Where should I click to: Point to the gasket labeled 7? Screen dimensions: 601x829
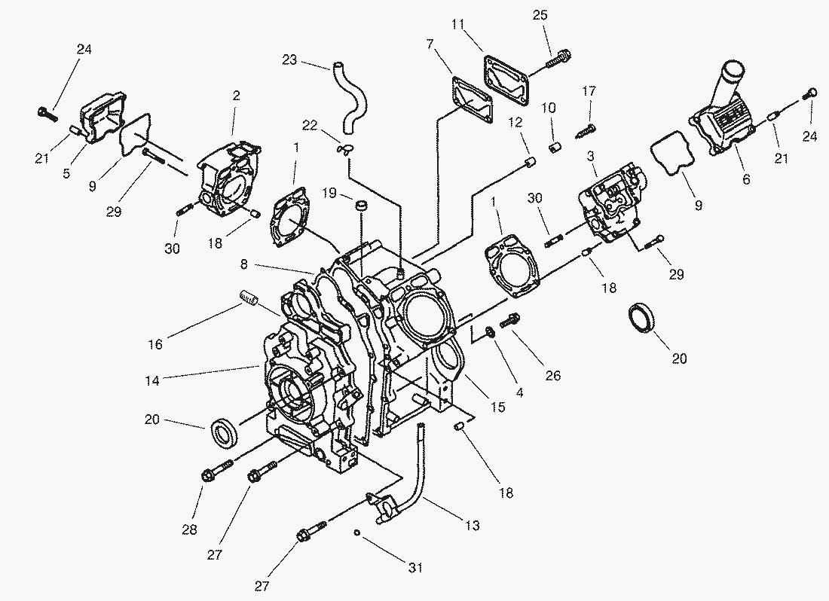click(x=472, y=105)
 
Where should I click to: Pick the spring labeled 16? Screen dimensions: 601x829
click(x=249, y=298)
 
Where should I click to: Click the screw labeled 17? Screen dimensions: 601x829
click(x=586, y=130)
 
